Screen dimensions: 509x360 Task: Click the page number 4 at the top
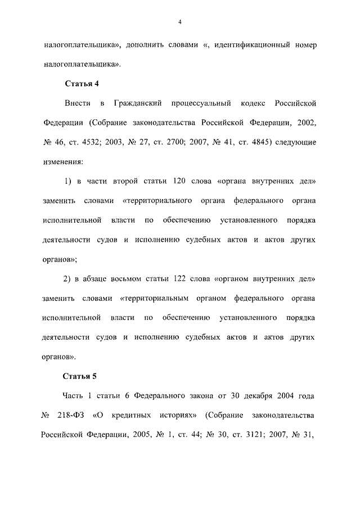179,22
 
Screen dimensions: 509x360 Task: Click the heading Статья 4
82,84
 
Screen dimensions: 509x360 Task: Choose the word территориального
154,201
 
